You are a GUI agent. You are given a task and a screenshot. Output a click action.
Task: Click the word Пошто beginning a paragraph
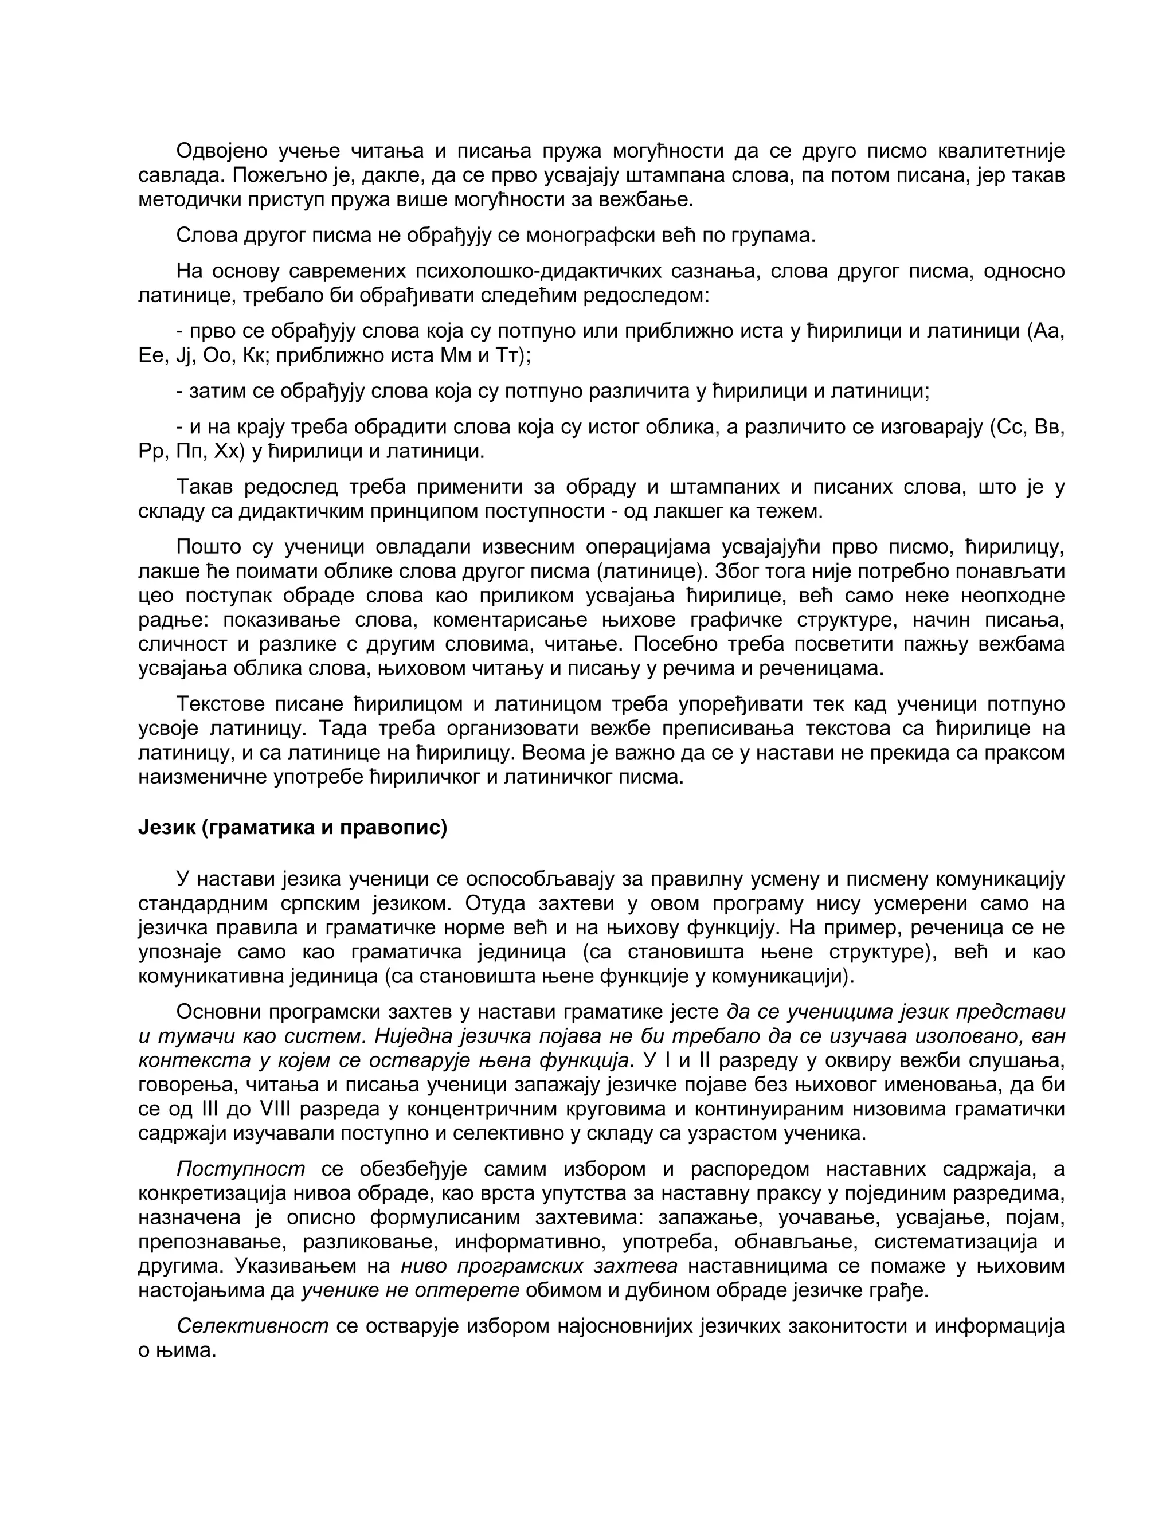(x=208, y=547)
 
